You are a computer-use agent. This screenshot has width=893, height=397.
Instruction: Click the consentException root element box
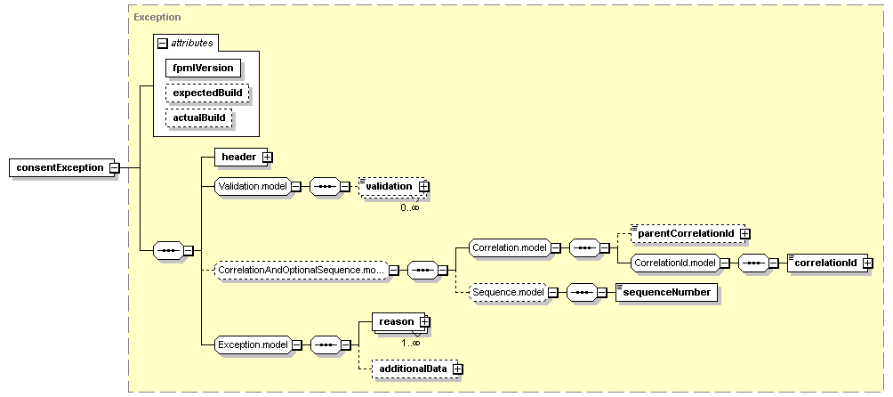[59, 167]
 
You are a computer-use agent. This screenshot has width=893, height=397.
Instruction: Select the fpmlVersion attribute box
[204, 68]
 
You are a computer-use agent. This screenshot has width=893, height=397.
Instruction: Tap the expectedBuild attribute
[207, 93]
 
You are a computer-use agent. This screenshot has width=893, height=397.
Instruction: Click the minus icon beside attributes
[163, 43]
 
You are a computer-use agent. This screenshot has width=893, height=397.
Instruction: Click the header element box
[237, 158]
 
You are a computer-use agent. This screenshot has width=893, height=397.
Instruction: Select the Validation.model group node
[251, 187]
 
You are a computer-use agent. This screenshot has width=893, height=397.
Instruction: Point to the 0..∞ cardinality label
[409, 207]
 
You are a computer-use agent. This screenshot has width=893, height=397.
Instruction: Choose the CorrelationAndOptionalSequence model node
[301, 269]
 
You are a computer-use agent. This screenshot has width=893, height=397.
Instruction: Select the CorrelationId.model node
[673, 263]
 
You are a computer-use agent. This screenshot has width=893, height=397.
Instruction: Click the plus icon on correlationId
[867, 263]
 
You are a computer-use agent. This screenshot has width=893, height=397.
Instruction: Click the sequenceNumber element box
[666, 292]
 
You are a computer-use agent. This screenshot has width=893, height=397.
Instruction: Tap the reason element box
[396, 321]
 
